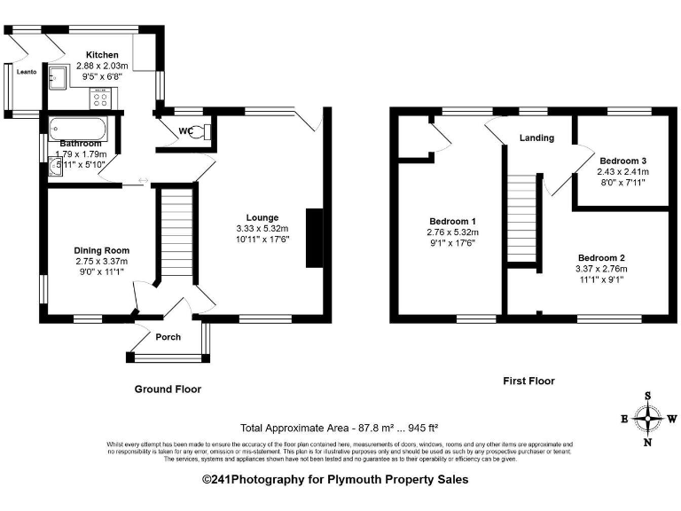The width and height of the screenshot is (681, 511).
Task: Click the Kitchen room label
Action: tap(102, 55)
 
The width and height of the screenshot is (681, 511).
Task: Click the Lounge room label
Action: tap(262, 217)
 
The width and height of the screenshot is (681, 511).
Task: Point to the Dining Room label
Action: tap(101, 250)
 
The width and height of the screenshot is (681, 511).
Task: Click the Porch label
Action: tap(168, 337)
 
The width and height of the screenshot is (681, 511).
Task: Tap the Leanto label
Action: tap(25, 72)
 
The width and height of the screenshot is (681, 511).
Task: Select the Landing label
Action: tap(536, 138)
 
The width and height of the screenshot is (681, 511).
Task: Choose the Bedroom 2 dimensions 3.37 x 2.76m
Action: tap(602, 269)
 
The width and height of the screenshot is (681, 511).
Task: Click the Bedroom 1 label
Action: tap(453, 221)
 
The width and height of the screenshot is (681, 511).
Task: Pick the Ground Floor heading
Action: tap(168, 389)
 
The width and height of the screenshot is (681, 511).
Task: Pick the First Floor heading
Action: tap(528, 381)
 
